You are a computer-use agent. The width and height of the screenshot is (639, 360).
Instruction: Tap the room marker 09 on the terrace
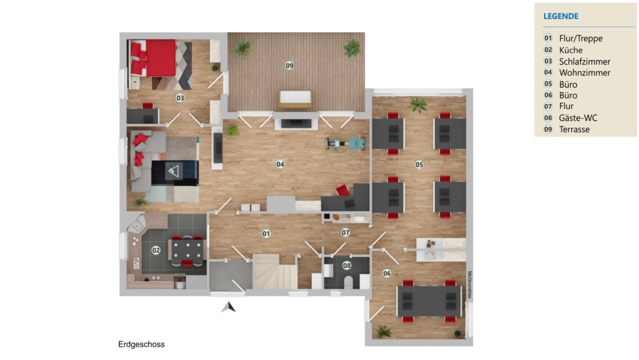click(290, 66)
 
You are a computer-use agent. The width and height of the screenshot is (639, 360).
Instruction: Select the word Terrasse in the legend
click(574, 129)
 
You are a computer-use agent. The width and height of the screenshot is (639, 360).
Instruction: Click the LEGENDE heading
click(561, 16)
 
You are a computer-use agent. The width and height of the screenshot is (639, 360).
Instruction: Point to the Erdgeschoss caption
click(141, 345)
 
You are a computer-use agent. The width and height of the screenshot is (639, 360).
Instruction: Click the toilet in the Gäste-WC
click(348, 282)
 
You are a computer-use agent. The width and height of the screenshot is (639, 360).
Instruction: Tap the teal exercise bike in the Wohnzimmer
click(346, 144)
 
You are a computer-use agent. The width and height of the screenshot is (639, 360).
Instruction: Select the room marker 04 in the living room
click(280, 164)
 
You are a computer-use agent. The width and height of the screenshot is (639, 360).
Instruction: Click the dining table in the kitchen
click(187, 250)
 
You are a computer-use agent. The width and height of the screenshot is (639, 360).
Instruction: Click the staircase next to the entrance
click(275, 272)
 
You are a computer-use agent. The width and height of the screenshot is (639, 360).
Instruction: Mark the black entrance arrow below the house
click(229, 307)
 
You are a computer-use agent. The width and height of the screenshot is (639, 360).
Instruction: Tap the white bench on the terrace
click(295, 99)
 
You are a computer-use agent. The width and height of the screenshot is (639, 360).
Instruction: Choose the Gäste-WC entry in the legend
click(578, 118)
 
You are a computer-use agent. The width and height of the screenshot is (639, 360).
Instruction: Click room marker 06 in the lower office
click(387, 274)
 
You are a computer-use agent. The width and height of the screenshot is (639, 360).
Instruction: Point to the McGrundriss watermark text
click(470, 285)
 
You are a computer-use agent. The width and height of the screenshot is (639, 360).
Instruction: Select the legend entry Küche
click(571, 50)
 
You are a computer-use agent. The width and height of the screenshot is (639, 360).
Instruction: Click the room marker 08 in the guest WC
click(347, 266)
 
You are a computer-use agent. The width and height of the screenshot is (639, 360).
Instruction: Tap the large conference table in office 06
click(429, 301)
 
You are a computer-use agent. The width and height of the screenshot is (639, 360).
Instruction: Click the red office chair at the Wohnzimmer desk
click(343, 190)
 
